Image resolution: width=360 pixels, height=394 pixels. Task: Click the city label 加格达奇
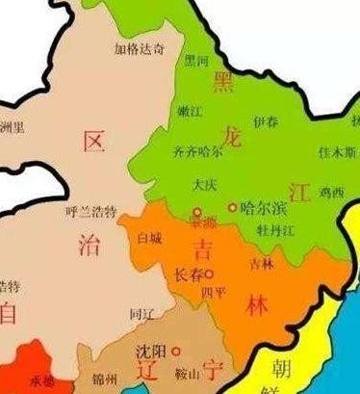tap(139, 47)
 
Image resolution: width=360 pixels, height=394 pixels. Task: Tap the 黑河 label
tap(196, 60)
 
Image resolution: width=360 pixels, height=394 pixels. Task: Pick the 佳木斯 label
tap(337, 151)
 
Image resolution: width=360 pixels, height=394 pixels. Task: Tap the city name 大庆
tap(203, 183)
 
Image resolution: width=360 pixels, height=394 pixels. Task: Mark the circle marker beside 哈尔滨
tap(231, 206)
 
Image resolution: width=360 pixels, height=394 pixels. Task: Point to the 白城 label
tap(150, 235)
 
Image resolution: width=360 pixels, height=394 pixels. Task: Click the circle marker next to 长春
tap(208, 275)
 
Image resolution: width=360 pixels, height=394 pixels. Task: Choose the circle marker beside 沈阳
tap(176, 351)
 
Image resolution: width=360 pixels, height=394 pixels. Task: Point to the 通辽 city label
tap(141, 314)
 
